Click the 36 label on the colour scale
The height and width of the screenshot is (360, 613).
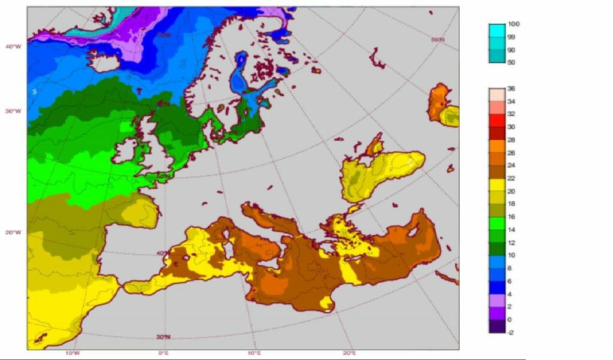(x=512, y=89)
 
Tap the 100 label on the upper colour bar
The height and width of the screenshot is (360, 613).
(x=514, y=24)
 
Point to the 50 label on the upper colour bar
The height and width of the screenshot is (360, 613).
(x=512, y=62)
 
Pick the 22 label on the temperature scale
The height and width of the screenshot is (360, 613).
(x=512, y=179)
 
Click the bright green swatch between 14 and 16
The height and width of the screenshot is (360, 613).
(x=497, y=223)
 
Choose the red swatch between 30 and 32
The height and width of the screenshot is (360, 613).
(x=497, y=120)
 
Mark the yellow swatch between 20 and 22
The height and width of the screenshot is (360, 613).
(x=497, y=185)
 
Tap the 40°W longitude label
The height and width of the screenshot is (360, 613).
(x=13, y=47)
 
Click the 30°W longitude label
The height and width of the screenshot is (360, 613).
(x=13, y=111)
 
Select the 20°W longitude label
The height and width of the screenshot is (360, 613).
(x=13, y=232)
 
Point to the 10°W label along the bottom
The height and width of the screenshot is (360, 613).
(x=75, y=353)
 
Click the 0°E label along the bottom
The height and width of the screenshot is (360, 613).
(x=163, y=353)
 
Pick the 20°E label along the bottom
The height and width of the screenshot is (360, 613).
(x=350, y=353)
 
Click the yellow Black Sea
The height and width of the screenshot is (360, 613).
(x=383, y=171)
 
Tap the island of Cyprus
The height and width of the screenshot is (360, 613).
(x=412, y=232)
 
